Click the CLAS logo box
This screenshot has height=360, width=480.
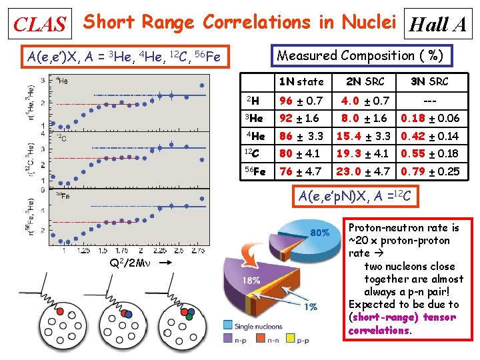(x=40, y=25)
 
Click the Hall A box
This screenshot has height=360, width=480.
(x=439, y=25)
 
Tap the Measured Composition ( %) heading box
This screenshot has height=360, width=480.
(x=360, y=56)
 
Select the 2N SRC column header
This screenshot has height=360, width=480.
(x=365, y=82)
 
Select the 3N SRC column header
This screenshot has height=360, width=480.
(x=429, y=82)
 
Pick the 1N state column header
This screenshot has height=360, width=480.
(x=301, y=82)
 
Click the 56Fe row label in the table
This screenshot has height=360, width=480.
(x=255, y=171)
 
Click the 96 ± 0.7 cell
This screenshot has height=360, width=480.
(x=301, y=101)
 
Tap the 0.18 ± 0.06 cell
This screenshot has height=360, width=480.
(x=429, y=119)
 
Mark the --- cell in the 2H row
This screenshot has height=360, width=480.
(x=429, y=101)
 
